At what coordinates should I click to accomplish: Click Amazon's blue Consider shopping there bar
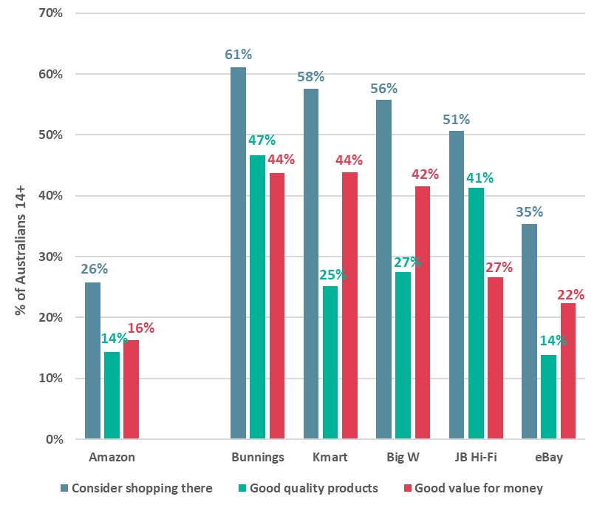click(x=92, y=361)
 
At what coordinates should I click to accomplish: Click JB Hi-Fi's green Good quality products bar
click(x=476, y=313)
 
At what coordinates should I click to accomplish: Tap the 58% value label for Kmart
click(x=311, y=76)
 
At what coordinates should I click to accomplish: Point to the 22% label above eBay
click(x=570, y=294)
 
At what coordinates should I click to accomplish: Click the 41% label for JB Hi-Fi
click(x=480, y=177)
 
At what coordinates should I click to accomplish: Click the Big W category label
click(x=403, y=457)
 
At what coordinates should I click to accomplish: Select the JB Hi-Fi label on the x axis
click(x=475, y=457)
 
